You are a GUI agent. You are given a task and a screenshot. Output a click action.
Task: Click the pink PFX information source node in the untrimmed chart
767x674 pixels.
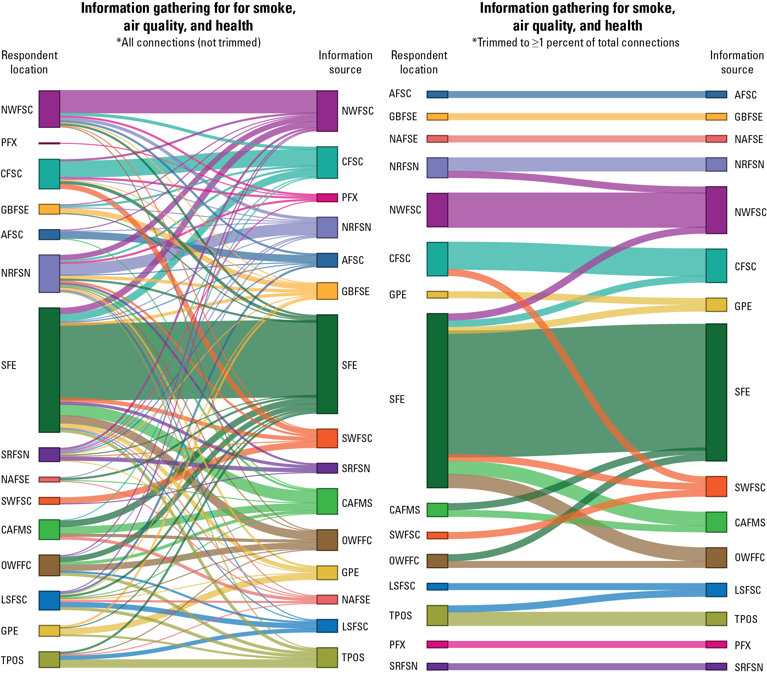pyautogui.click(x=327, y=198)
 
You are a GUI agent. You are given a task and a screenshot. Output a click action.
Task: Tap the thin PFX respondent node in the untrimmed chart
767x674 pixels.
pyautogui.click(x=49, y=143)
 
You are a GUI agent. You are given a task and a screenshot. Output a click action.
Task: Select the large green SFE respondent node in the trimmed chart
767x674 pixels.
pyautogui.click(x=437, y=400)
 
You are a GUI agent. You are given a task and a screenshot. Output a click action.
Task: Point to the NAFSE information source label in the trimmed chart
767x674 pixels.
pyautogui.click(x=749, y=139)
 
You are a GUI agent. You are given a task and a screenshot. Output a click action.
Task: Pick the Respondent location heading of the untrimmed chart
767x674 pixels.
pyautogui.click(x=29, y=62)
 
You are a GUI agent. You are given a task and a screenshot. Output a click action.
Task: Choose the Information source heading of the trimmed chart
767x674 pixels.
pyautogui.click(x=737, y=62)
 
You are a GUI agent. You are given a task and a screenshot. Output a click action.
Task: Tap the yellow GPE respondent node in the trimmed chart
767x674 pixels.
pyautogui.click(x=437, y=294)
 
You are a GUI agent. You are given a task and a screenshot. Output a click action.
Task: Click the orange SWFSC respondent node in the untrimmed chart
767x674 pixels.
pyautogui.click(x=49, y=501)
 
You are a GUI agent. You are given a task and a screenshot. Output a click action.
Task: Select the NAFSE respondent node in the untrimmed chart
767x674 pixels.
pyautogui.click(x=49, y=479)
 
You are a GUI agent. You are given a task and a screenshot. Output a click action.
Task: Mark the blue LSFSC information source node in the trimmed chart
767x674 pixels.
pyautogui.click(x=716, y=590)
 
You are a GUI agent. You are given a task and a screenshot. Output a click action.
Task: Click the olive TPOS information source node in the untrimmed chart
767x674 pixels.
pyautogui.click(x=327, y=657)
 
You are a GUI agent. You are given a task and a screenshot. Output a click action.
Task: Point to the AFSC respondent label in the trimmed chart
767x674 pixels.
pyautogui.click(x=400, y=94)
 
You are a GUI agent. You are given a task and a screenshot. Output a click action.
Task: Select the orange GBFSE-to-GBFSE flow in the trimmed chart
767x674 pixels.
pyautogui.click(x=576, y=116)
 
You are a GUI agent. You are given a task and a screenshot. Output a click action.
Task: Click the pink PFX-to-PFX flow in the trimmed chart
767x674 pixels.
pyautogui.click(x=576, y=644)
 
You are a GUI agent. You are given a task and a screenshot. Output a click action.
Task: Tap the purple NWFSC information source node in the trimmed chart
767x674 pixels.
pyautogui.click(x=716, y=210)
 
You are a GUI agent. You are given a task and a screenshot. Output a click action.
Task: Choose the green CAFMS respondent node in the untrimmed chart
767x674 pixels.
pyautogui.click(x=49, y=529)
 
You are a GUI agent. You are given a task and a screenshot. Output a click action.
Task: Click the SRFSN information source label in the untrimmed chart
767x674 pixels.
pyautogui.click(x=356, y=468)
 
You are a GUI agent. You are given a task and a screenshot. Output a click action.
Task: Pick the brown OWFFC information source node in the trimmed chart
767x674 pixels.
pyautogui.click(x=716, y=558)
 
